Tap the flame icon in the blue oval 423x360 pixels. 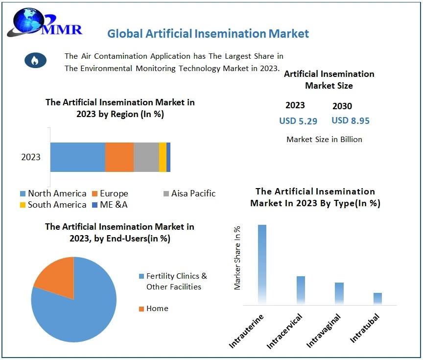[35, 60]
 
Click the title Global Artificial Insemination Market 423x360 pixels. [208, 33]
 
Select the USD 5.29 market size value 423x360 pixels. [298, 120]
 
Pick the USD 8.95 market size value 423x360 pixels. [350, 120]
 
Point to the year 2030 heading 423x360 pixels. [342, 106]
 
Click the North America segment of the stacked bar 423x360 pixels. [77, 157]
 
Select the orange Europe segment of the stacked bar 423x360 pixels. [119, 157]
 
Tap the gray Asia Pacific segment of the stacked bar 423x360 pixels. [146, 157]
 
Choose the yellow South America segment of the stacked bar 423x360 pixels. [163, 157]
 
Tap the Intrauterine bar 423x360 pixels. [262, 264]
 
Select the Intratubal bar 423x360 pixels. [377, 299]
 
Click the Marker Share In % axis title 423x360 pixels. [237, 258]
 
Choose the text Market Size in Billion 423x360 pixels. [324, 140]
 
